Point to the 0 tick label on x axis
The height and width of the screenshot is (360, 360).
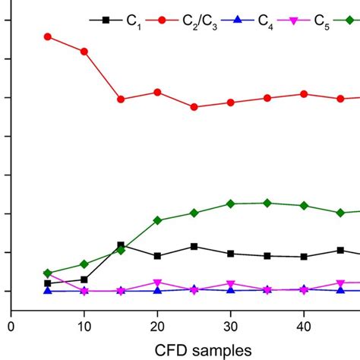pyautogui.click(x=11, y=325)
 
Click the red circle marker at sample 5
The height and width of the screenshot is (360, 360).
pyautogui.click(x=47, y=36)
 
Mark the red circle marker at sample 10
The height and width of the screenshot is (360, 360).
pyautogui.click(x=84, y=51)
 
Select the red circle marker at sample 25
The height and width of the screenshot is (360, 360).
pyautogui.click(x=194, y=107)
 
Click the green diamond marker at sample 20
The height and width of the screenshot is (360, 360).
pyautogui.click(x=157, y=220)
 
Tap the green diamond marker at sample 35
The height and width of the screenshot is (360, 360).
pyautogui.click(x=267, y=203)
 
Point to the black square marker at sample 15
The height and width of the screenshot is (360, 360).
pyautogui.click(x=121, y=245)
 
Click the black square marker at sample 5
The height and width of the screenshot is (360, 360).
pyautogui.click(x=47, y=283)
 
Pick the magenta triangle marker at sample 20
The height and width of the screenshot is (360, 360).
pyautogui.click(x=157, y=283)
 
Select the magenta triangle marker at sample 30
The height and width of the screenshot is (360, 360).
pyautogui.click(x=230, y=284)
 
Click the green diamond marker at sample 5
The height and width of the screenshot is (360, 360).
pyautogui.click(x=47, y=273)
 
